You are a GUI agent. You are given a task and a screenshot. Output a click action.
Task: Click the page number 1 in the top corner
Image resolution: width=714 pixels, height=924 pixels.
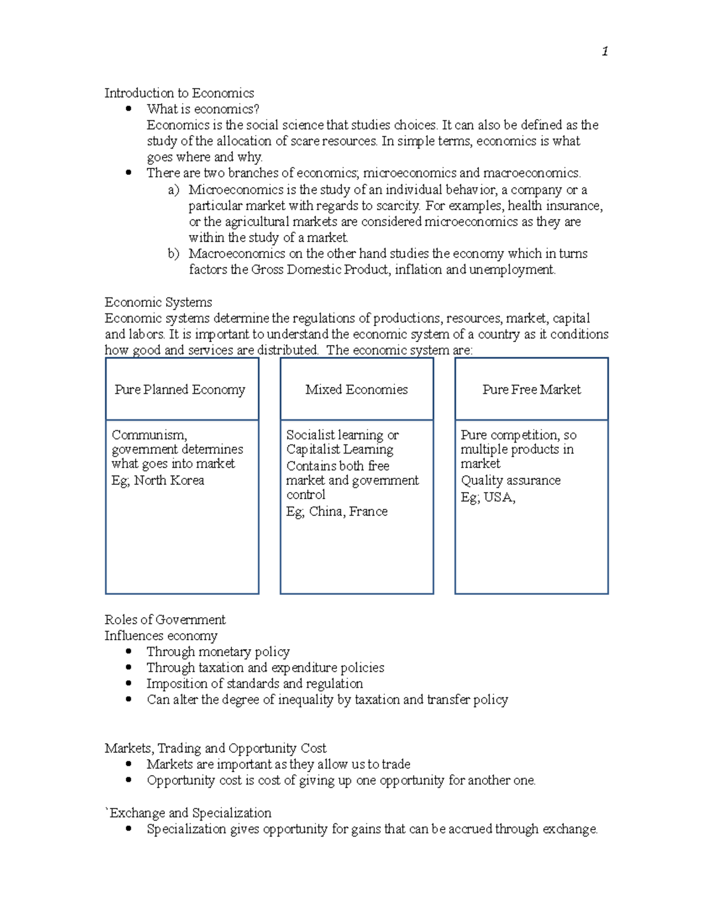(x=605, y=52)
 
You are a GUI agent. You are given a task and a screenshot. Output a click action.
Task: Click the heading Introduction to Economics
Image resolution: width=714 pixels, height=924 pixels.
(x=179, y=93)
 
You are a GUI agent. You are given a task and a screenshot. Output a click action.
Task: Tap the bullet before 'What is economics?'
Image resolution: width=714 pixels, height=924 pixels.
(x=129, y=108)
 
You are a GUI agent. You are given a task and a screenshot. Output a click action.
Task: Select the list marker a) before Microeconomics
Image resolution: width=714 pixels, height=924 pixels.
(x=173, y=190)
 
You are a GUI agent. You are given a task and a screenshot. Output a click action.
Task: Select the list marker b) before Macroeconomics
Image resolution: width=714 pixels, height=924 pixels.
(x=173, y=253)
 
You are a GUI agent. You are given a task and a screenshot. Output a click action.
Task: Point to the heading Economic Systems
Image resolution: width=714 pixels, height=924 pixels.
(x=158, y=302)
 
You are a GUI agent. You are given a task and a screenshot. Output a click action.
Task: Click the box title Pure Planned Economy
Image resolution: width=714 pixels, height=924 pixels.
(x=180, y=390)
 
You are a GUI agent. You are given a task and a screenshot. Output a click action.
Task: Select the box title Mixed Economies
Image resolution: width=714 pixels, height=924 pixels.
(x=356, y=390)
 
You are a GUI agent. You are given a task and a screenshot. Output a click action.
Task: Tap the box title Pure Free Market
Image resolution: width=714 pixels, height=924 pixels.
(x=531, y=390)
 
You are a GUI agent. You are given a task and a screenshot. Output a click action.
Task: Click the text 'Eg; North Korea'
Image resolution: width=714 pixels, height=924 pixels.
(x=158, y=480)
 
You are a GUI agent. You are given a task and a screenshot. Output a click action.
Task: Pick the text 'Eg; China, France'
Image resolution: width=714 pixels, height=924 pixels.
(x=337, y=511)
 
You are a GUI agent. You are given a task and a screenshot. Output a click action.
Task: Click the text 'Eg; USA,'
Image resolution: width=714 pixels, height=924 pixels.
(x=488, y=497)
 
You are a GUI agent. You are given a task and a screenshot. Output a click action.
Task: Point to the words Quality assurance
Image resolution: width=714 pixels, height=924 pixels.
(x=511, y=480)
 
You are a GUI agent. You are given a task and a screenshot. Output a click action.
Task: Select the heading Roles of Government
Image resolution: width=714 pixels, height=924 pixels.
(x=165, y=620)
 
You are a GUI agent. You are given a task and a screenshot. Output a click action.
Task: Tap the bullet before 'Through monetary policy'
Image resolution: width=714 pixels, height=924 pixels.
(x=129, y=652)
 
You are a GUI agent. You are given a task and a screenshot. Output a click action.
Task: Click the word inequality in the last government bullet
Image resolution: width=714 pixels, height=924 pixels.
(x=305, y=700)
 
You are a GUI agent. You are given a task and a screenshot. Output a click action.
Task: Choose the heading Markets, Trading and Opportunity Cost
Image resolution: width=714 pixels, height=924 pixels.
(x=215, y=748)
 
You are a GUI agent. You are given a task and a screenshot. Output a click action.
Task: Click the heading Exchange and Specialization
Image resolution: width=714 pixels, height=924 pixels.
(x=190, y=813)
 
